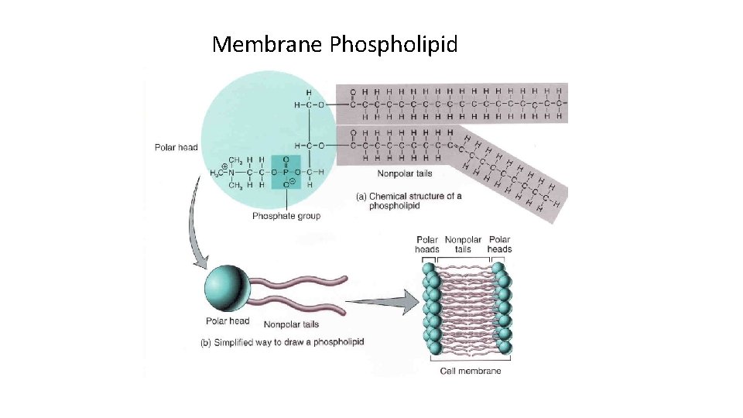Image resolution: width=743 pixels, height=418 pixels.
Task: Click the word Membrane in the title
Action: [267, 44]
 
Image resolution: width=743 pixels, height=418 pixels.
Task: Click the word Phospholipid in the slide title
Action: [393, 45]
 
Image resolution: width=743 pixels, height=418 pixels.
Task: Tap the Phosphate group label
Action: [286, 216]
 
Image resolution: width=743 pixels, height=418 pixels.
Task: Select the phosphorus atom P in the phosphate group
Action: [286, 172]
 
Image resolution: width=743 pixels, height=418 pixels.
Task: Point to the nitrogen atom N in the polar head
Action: [231, 172]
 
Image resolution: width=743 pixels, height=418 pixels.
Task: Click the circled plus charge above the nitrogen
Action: [224, 165]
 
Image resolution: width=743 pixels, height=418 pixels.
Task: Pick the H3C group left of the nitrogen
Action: [215, 172]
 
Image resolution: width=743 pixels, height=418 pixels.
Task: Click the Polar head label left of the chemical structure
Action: [176, 147]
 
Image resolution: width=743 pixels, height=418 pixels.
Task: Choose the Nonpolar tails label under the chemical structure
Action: [404, 173]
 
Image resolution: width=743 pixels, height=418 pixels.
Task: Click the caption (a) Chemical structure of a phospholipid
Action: [409, 201]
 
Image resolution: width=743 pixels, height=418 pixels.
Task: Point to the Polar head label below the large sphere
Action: [228, 321]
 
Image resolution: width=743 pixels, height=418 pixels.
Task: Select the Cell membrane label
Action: [470, 371]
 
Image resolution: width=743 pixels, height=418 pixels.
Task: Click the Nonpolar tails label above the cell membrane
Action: [463, 245]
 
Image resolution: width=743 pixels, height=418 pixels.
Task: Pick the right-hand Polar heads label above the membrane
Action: [499, 245]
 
